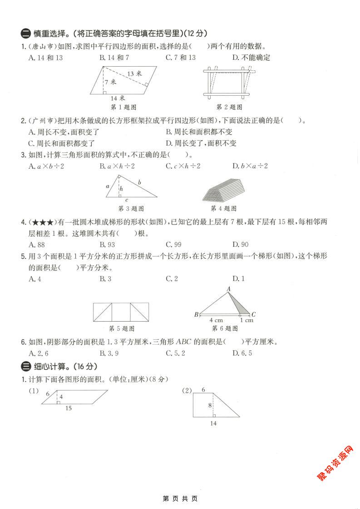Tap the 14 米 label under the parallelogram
tap(118, 98)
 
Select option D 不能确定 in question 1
tap(251, 58)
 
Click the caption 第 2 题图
tap(229, 107)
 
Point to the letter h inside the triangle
tap(121, 188)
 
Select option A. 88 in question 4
tap(35, 245)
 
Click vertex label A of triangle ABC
tap(228, 289)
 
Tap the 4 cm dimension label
tap(216, 320)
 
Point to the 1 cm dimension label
tap(247, 320)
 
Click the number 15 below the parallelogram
tap(68, 408)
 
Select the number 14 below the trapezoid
tap(213, 423)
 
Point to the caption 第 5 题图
tap(122, 328)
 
